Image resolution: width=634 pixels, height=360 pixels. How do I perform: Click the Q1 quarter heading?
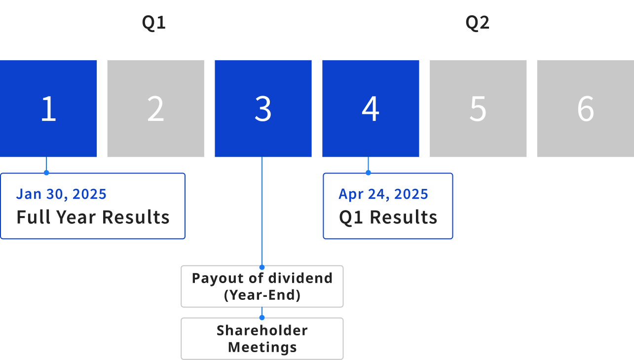[153, 23]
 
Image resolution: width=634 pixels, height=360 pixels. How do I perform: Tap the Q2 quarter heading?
[478, 23]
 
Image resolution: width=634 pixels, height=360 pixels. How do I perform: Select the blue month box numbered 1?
[48, 108]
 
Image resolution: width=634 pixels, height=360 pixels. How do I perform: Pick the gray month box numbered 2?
[156, 108]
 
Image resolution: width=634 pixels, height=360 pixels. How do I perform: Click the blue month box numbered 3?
[263, 108]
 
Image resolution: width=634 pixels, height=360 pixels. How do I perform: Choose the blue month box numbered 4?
[371, 108]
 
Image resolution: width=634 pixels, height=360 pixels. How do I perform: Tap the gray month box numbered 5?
[478, 108]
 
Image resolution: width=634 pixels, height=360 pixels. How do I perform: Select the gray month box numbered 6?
[586, 108]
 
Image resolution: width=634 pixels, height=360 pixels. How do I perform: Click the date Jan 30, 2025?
[61, 194]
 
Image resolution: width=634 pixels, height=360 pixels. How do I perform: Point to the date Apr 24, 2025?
[383, 194]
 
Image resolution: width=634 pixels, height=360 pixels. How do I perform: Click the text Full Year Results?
[93, 217]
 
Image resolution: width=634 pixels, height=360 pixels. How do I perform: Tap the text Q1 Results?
[388, 217]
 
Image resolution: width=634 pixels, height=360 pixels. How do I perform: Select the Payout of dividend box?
[262, 286]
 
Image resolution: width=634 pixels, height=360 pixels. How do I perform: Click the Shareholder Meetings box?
[262, 338]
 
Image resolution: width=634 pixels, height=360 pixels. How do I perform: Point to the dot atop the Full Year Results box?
[46, 173]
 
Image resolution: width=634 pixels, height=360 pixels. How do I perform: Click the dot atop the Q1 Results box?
[368, 173]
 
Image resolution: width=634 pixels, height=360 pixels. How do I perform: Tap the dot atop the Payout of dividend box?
[262, 267]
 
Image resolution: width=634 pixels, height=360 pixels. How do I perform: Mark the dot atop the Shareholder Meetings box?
[262, 318]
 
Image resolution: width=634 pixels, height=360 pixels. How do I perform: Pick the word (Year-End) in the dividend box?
[262, 295]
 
